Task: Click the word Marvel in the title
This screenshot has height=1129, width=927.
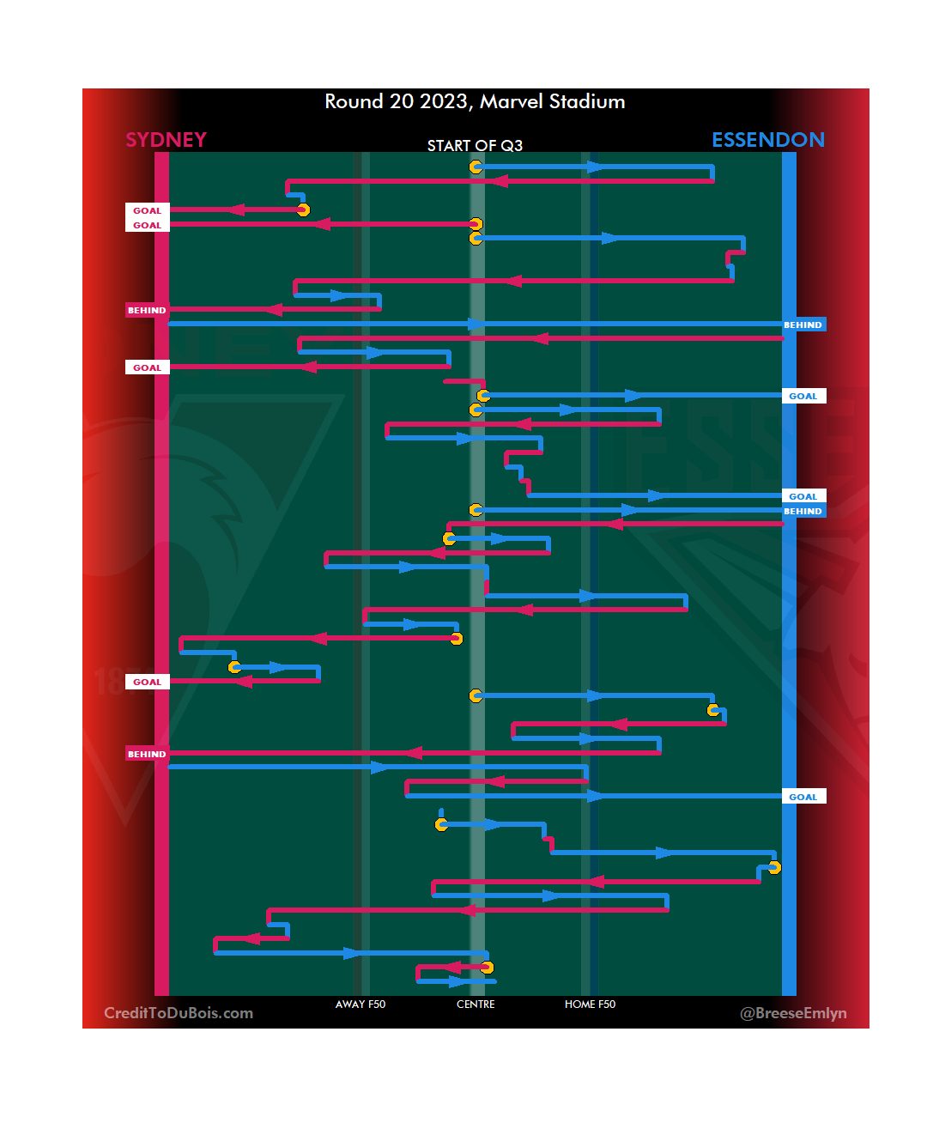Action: coord(512,101)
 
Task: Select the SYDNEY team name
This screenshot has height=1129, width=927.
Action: coord(166,140)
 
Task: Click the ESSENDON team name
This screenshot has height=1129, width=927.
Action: coord(768,140)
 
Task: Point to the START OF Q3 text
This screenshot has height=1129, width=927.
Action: coord(475,146)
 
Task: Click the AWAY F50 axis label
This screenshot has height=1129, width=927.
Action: coord(360,1005)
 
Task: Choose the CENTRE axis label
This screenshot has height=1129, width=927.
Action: coord(476,1005)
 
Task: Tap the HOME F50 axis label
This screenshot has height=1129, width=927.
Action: coord(590,1005)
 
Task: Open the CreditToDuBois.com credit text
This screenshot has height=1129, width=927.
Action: coord(179,1013)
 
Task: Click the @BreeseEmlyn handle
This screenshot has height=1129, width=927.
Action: coord(793,1013)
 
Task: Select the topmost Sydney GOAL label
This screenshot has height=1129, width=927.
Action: coord(147,210)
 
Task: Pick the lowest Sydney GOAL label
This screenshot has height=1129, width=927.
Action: coord(147,682)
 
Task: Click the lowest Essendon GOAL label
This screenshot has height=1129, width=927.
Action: coord(803,797)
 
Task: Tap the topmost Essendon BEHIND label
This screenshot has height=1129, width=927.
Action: coord(803,325)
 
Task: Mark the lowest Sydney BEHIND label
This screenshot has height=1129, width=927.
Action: coord(147,754)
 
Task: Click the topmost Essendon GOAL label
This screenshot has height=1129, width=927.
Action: coord(803,396)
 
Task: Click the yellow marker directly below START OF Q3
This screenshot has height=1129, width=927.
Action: coord(476,167)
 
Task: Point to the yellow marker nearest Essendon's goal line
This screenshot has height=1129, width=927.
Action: coord(774,867)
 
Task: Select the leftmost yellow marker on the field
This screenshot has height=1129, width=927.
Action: coord(234,667)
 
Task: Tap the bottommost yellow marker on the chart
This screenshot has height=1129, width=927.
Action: coord(488,968)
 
